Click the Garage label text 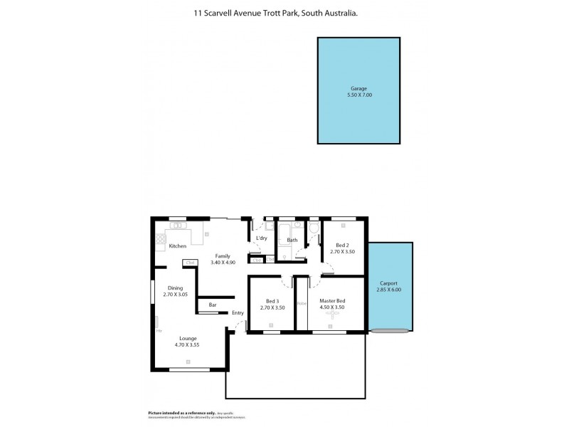pos(358,88)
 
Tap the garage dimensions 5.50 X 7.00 pos(358,95)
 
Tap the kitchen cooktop pos(160,238)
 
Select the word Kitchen pos(177,246)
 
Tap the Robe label pos(302,303)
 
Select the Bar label pos(212,305)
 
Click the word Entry pos(238,313)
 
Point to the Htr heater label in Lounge pos(159,331)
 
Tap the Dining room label pos(175,288)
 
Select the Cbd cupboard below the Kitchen pos(190,263)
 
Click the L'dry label pos(261,238)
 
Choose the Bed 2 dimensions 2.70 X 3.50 pos(342,252)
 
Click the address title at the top pos(284,12)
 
